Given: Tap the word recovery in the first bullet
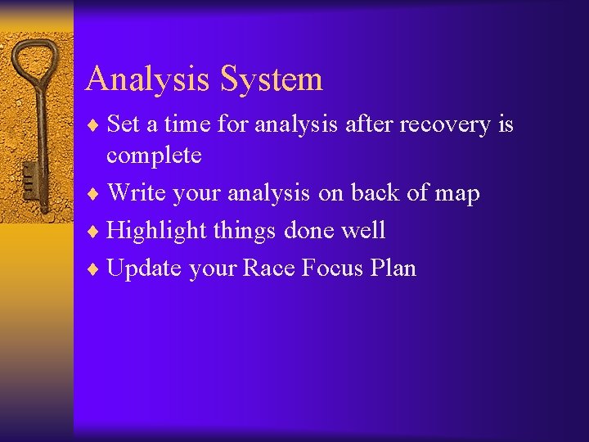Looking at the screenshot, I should tap(446, 124).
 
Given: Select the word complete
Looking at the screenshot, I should tap(154, 156).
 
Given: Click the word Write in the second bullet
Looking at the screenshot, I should tap(134, 193).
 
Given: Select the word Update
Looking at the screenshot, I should tap(144, 268).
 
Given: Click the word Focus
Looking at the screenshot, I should tap(328, 268).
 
